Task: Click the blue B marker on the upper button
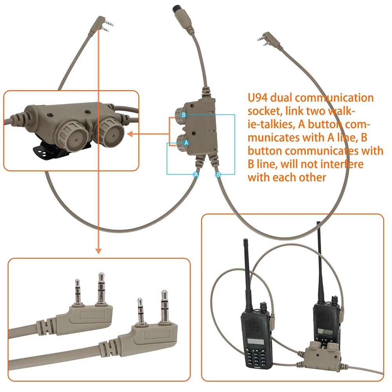tap(183, 115)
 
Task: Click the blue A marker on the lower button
tap(187, 142)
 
